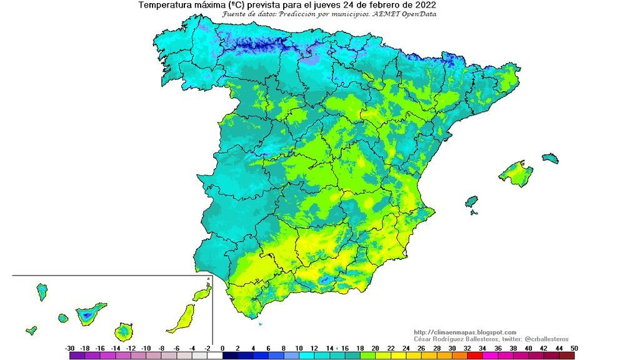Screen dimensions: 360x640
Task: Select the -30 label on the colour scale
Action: [x=70, y=348]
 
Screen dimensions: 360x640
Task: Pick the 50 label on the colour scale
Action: [x=574, y=348]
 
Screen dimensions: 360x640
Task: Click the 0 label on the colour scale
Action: [x=222, y=348]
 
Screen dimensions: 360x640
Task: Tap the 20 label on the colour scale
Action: [x=375, y=348]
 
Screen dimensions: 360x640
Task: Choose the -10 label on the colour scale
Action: [x=146, y=348]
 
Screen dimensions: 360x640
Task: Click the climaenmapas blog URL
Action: [x=465, y=332]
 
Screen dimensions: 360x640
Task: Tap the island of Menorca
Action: [x=549, y=158]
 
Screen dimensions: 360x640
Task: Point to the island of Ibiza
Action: [x=472, y=202]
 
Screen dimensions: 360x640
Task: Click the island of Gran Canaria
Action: [x=123, y=330]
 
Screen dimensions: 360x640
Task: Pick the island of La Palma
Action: [x=42, y=291]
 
